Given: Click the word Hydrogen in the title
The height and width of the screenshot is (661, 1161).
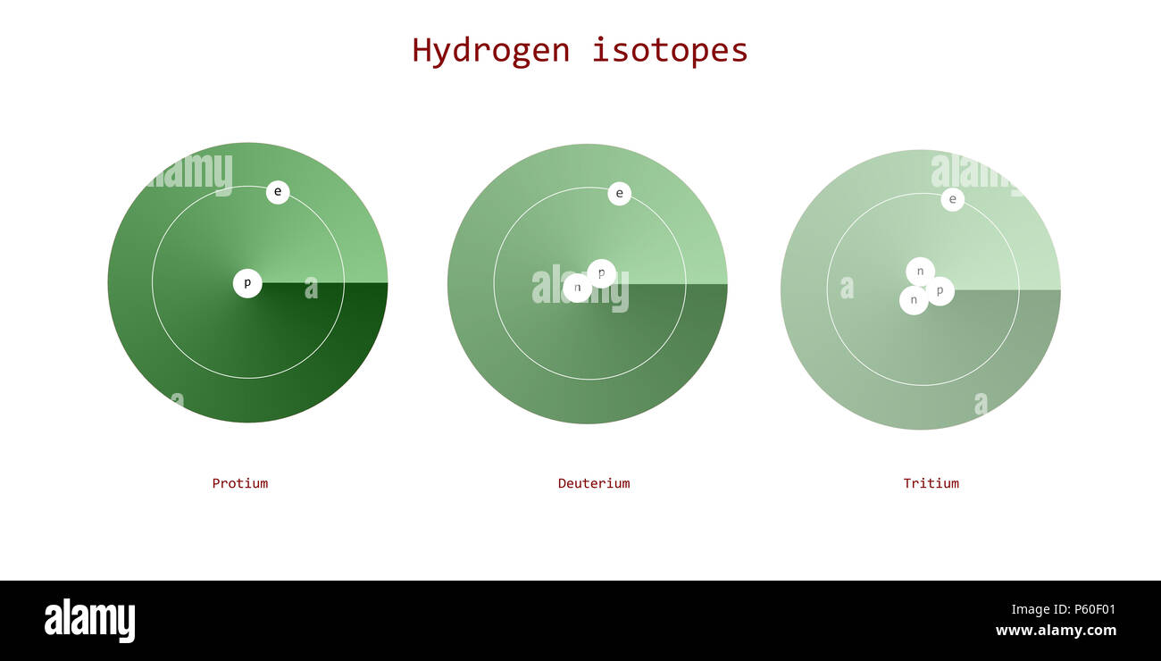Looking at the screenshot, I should tap(490, 50).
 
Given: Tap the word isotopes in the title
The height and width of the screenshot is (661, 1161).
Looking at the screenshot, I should tap(670, 50).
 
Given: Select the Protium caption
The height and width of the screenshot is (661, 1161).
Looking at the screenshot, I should tap(239, 483).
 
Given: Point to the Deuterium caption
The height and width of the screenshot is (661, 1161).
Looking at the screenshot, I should tap(594, 483).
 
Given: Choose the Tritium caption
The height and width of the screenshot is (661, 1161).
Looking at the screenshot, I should tap(931, 483).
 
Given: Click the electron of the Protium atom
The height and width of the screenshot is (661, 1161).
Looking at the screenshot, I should tap(278, 192).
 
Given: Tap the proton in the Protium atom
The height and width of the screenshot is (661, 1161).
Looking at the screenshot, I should tap(247, 283).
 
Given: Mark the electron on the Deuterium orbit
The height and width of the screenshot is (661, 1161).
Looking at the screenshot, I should tap(619, 194).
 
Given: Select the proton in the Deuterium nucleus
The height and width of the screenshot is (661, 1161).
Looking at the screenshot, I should tap(602, 272).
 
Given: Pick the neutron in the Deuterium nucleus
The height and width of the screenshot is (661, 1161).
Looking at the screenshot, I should tap(577, 288).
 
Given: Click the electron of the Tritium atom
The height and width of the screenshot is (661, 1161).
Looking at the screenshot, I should tap(952, 199).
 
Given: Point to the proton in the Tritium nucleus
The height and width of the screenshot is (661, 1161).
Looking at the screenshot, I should tap(940, 290).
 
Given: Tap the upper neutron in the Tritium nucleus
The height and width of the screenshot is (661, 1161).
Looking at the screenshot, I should tap(920, 272).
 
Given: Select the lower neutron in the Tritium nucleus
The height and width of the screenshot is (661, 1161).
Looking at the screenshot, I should tap(913, 300).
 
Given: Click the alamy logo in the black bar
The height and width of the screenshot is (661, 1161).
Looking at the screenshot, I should tap(89, 621).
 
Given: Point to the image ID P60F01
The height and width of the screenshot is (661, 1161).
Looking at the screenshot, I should tap(1064, 610).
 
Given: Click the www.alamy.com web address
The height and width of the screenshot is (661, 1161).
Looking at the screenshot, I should tap(1056, 631).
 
